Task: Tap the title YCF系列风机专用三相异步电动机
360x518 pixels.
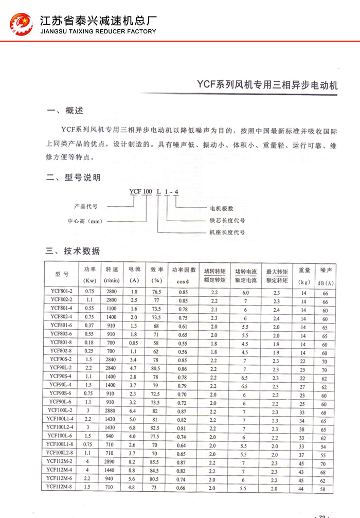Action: point(268,84)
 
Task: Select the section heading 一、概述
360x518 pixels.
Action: point(64,111)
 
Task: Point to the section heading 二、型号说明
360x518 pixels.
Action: point(73,178)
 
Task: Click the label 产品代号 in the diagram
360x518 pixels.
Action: point(86,206)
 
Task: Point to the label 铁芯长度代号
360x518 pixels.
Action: point(227,221)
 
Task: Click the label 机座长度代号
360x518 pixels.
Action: point(227,233)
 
